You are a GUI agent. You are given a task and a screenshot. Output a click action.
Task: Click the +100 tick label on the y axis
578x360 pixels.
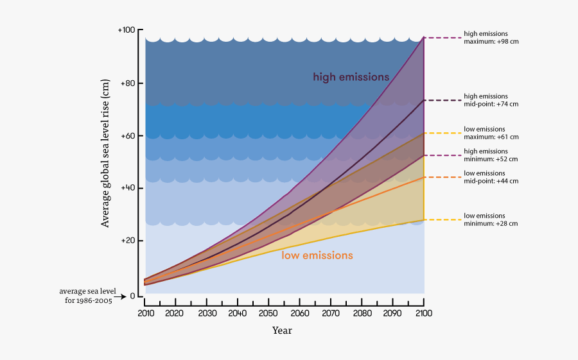pyautogui.click(x=127, y=30)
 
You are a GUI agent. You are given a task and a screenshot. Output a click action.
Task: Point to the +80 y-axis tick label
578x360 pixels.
pyautogui.click(x=128, y=83)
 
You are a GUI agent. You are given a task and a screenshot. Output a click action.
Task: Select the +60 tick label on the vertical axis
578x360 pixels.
pyautogui.click(x=128, y=136)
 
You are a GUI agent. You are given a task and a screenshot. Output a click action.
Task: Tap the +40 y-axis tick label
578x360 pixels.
pyautogui.click(x=128, y=188)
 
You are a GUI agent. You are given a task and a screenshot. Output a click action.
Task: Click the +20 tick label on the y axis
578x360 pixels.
pyautogui.click(x=128, y=241)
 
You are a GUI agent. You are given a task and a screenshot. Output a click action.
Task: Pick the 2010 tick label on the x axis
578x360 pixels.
pyautogui.click(x=146, y=313)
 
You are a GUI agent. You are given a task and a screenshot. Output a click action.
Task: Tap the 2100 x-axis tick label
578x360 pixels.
pyautogui.click(x=423, y=313)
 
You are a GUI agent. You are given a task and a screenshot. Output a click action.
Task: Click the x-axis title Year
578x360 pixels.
pyautogui.click(x=282, y=330)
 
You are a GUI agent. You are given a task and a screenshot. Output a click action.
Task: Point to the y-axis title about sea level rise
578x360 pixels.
pyautogui.click(x=105, y=153)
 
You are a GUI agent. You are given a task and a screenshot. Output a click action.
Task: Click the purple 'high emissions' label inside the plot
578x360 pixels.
pyautogui.click(x=351, y=77)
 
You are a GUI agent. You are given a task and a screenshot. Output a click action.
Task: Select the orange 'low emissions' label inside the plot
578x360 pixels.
pyautogui.click(x=317, y=255)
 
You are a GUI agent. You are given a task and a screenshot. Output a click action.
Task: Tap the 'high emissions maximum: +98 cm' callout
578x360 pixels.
pyautogui.click(x=491, y=37)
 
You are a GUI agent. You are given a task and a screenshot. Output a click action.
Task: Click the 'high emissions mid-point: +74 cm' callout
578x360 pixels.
pyautogui.click(x=491, y=100)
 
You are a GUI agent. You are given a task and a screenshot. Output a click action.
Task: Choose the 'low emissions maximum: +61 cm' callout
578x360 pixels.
pyautogui.click(x=491, y=133)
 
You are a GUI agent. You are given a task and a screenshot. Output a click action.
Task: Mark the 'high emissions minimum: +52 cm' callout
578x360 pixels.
pyautogui.click(x=491, y=155)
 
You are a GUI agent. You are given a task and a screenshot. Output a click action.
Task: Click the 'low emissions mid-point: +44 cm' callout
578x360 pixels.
pyautogui.click(x=491, y=177)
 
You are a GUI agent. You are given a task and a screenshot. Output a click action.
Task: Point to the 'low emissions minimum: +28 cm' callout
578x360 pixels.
pyautogui.click(x=491, y=219)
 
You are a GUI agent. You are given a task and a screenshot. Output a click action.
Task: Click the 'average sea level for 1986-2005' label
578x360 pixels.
pyautogui.click(x=86, y=296)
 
